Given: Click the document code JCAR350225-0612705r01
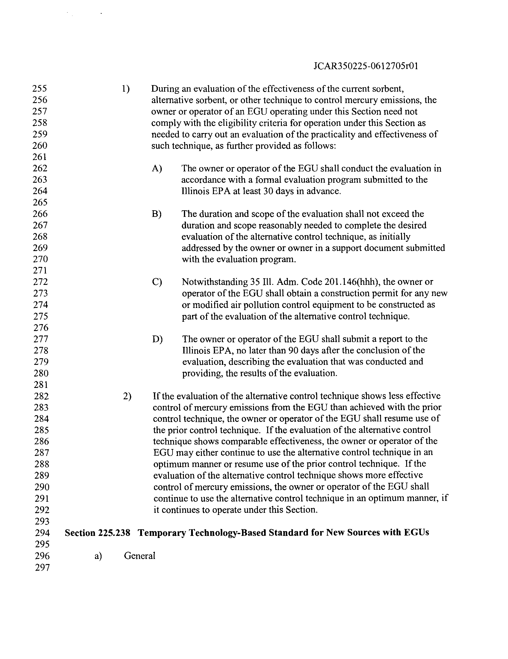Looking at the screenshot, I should point(366,66).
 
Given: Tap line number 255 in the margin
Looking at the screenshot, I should point(40,88).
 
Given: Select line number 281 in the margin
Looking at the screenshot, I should point(41,384).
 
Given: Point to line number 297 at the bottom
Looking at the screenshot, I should point(42,568).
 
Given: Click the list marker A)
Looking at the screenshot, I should point(157,168).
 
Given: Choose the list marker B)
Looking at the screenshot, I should point(157,214).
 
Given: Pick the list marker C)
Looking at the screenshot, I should point(157,282).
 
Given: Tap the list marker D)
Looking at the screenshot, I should point(157,339).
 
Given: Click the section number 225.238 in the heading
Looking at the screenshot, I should point(114,533).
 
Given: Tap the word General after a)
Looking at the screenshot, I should point(139,555).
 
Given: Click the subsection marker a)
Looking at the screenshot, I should point(98,555).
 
